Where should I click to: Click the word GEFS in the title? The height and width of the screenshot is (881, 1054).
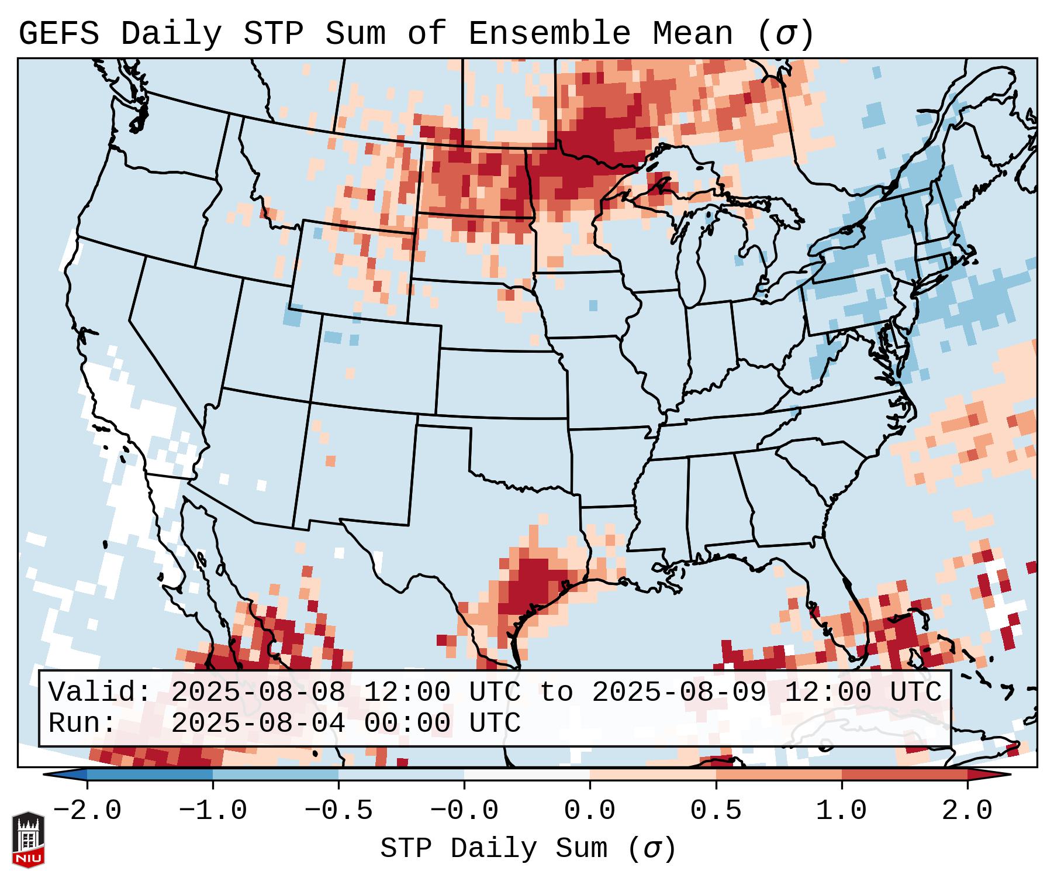pyautogui.click(x=58, y=34)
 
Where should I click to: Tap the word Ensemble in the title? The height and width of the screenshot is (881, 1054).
pyautogui.click(x=549, y=34)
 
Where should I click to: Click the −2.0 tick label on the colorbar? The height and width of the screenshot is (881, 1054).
pyautogui.click(x=87, y=811)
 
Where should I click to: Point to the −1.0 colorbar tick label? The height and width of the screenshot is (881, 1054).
pyautogui.click(x=213, y=811)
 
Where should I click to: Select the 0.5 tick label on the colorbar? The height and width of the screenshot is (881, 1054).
pyautogui.click(x=716, y=811)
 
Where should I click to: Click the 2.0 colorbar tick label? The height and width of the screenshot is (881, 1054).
pyautogui.click(x=967, y=811)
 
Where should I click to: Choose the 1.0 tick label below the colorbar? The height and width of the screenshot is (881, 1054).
pyautogui.click(x=841, y=811)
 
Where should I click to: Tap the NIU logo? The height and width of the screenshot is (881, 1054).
pyautogui.click(x=28, y=839)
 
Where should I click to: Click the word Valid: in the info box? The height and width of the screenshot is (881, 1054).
pyautogui.click(x=99, y=692)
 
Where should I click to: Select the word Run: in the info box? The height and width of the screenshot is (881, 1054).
pyautogui.click(x=82, y=723)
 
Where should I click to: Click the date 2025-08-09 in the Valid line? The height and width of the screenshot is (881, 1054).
pyautogui.click(x=679, y=692)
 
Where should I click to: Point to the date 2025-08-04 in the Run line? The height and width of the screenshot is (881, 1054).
pyautogui.click(x=258, y=723)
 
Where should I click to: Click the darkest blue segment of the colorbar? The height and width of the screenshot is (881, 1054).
pyautogui.click(x=150, y=774)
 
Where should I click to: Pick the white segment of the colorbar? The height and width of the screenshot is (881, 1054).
pyautogui.click(x=527, y=774)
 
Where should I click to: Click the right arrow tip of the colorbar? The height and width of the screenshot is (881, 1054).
pyautogui.click(x=1007, y=774)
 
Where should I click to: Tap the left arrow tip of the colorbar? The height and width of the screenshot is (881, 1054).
pyautogui.click(x=48, y=774)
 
